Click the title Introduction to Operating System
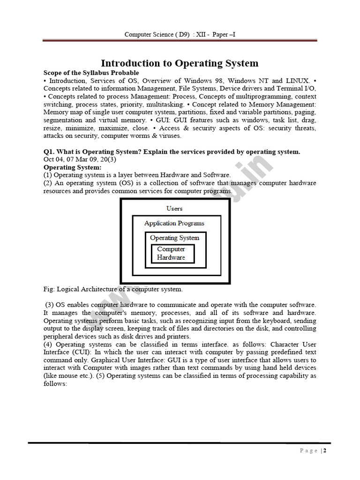pos(180,63)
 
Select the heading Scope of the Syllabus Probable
pos(91,73)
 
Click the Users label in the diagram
pos(174,209)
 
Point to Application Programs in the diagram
pos(174,224)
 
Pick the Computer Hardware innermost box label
pos(171,254)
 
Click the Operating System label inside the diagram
pos(174,238)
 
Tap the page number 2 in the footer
pos(324,451)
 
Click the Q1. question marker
pos(51,152)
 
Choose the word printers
pos(178,337)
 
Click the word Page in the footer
pos(308,451)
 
